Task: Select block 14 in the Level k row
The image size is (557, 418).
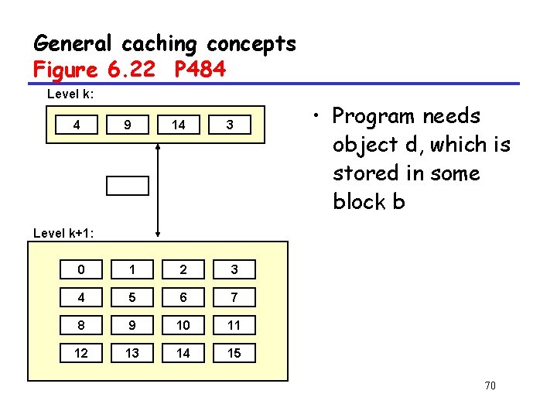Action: click(178, 125)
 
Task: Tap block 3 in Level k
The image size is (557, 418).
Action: click(230, 125)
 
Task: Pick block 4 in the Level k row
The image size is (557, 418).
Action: click(76, 125)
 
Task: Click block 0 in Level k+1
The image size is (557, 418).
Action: click(81, 269)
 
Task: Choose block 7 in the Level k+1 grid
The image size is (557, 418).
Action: click(234, 297)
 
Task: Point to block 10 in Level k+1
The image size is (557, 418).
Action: click(183, 325)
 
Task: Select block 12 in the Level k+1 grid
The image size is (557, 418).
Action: click(81, 353)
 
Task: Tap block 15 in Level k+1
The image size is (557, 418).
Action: click(234, 353)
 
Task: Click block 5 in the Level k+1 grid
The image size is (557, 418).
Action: click(132, 297)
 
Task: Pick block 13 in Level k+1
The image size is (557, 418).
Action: click(132, 353)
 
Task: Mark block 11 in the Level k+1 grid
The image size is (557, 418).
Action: click(234, 325)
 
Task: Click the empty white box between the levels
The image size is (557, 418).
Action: click(127, 185)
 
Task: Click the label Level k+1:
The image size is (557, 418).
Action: click(65, 232)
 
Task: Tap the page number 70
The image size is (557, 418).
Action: click(489, 386)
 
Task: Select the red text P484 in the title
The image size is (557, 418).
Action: click(200, 70)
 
